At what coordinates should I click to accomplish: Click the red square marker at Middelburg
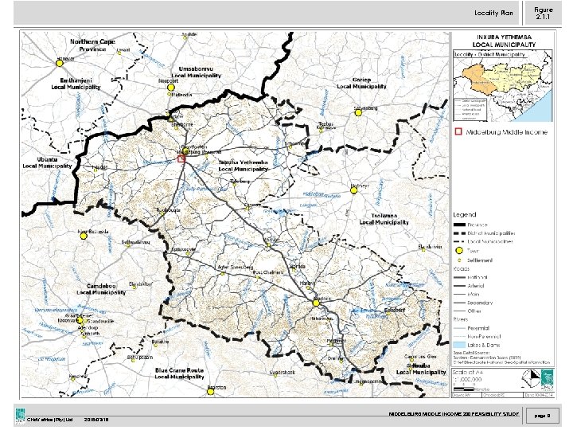coord(181,159)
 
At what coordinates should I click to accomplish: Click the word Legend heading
coord(466,215)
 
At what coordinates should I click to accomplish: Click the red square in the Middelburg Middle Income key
coord(458,131)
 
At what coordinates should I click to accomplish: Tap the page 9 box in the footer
coord(543,415)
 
